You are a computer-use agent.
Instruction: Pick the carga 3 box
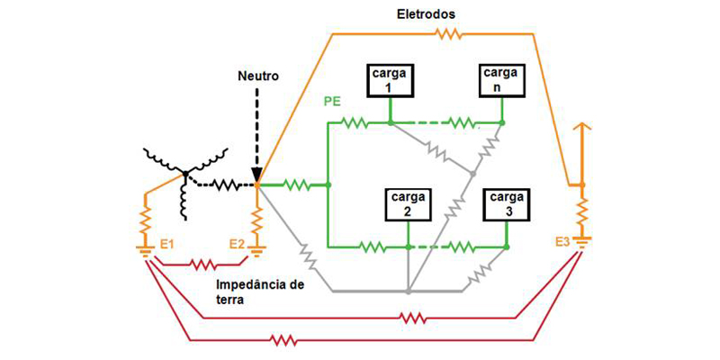(506, 203)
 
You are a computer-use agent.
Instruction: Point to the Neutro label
(258, 77)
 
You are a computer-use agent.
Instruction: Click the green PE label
(332, 101)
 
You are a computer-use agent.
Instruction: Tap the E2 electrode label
(237, 244)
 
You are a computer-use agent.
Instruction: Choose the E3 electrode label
(562, 241)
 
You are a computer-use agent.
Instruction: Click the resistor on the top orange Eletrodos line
(447, 34)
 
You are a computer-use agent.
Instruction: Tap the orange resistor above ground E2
(257, 218)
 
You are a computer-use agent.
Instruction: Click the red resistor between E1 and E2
(202, 265)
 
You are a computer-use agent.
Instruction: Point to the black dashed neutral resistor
(223, 186)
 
